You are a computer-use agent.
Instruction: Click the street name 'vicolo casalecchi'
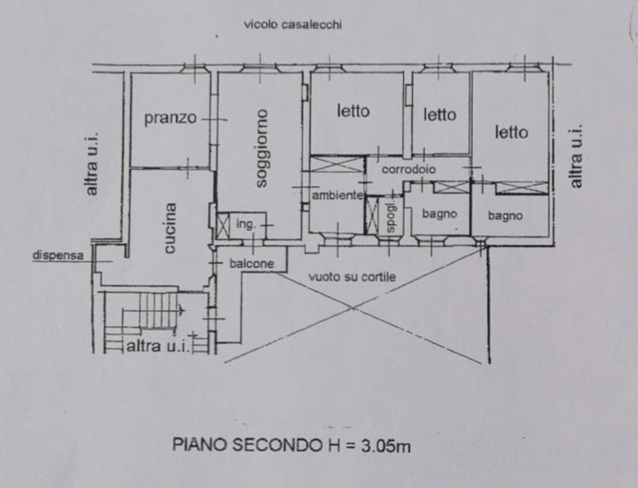tap(293, 24)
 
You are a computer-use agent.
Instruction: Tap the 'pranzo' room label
tap(170, 118)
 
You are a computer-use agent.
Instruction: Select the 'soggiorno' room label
tap(261, 148)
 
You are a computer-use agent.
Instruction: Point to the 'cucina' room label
tap(169, 228)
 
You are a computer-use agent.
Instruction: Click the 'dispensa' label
tap(57, 255)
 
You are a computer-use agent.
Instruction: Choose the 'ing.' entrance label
tap(246, 224)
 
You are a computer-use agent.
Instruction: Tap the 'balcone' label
tap(251, 263)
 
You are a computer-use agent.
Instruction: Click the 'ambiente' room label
tap(337, 195)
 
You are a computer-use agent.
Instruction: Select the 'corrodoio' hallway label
tap(409, 169)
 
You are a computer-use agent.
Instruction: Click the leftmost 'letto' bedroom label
tap(353, 111)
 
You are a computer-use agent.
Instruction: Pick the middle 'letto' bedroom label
tap(440, 115)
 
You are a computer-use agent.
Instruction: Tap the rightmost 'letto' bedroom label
tap(511, 133)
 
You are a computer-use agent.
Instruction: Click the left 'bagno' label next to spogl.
tap(439, 214)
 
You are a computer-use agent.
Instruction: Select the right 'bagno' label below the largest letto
tap(505, 216)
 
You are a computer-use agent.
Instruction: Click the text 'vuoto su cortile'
tap(352, 277)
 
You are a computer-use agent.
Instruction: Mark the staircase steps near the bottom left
tap(157, 310)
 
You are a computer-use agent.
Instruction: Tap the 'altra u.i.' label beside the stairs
tap(157, 347)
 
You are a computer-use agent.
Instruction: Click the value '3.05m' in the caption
tap(386, 446)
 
